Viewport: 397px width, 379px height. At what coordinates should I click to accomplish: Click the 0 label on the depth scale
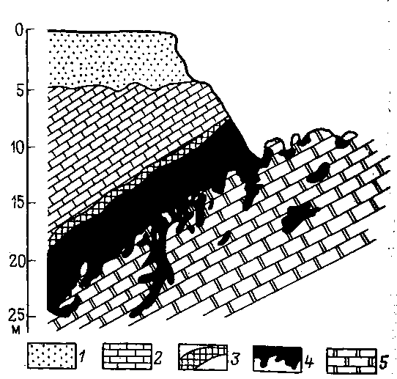coord(19,30)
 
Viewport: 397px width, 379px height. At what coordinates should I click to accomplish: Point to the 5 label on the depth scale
coord(21,89)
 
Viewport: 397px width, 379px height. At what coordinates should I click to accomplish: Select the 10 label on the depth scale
coord(18,147)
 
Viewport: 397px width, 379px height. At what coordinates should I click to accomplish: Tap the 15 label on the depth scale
coord(18,203)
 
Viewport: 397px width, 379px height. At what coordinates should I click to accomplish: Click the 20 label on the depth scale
coord(18,261)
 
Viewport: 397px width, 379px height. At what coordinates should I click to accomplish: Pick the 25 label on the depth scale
coord(18,315)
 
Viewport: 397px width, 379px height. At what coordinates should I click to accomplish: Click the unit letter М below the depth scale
coord(16,330)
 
